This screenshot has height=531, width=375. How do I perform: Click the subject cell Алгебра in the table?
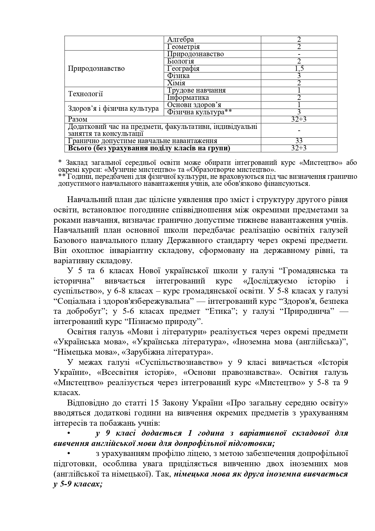click(181, 40)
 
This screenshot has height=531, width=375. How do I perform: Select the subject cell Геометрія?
click(183, 47)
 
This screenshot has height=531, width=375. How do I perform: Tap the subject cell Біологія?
click(181, 61)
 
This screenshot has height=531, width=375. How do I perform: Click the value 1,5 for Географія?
click(299, 69)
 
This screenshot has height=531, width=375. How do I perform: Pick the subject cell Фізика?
click(178, 76)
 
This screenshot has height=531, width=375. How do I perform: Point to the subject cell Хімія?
click(176, 83)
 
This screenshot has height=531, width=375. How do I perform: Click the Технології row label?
click(86, 94)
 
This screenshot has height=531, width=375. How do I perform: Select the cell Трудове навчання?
click(196, 90)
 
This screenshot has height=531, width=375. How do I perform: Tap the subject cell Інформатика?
click(188, 98)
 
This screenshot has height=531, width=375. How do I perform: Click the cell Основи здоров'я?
click(194, 105)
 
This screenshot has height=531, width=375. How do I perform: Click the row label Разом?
click(78, 120)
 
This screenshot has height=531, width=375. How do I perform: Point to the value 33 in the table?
click(299, 141)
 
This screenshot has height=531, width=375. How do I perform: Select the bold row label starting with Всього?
click(149, 148)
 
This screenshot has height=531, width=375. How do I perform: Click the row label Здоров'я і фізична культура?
click(113, 109)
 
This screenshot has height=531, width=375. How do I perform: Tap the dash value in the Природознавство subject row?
click(299, 54)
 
